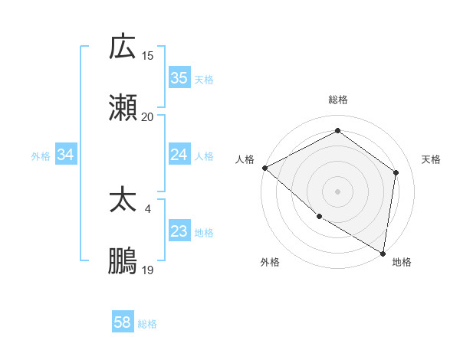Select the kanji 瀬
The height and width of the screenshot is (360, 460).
(123, 107)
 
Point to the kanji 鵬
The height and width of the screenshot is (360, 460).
(123, 261)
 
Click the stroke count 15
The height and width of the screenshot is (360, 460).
(148, 55)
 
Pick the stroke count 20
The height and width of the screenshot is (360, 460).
(148, 116)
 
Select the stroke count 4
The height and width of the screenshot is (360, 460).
(148, 208)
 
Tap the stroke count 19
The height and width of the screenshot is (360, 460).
(148, 270)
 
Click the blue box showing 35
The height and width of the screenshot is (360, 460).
(179, 78)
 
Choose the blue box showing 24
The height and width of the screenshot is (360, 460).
(179, 155)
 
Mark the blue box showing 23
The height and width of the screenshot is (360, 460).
(179, 231)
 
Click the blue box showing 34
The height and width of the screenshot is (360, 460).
(66, 155)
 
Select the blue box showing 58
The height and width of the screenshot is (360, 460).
(123, 322)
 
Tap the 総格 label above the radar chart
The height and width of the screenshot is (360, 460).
(338, 100)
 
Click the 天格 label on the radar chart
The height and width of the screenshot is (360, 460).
(431, 159)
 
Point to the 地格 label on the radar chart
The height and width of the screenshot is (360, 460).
(402, 262)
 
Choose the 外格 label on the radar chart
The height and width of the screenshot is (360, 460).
(270, 262)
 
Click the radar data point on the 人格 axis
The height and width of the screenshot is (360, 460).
(264, 168)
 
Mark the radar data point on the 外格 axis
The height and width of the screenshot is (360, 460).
(319, 217)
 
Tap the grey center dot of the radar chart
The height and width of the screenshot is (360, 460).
(337, 191)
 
